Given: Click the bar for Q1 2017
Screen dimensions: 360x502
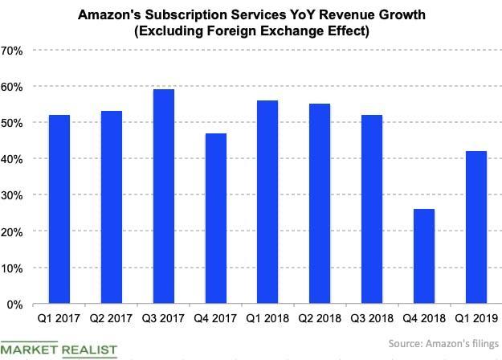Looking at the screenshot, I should click(59, 210).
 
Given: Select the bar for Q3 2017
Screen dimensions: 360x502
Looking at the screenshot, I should click(164, 197).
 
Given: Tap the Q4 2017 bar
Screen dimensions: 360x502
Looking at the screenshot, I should click(216, 219).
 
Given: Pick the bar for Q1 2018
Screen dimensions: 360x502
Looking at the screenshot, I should click(268, 202).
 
